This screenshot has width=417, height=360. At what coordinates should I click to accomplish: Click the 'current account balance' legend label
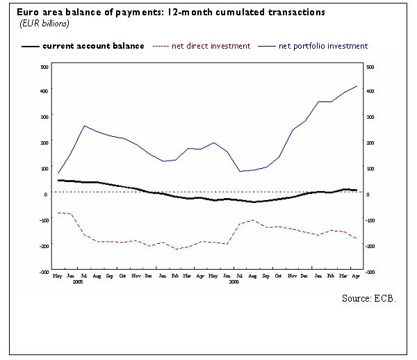(x=94, y=46)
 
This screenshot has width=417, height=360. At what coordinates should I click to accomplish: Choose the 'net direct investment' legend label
(x=213, y=46)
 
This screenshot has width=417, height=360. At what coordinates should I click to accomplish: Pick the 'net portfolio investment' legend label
(x=323, y=46)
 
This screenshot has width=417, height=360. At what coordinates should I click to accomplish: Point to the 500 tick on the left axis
(x=43, y=67)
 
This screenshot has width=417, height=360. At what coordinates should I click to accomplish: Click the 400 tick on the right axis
(x=370, y=91)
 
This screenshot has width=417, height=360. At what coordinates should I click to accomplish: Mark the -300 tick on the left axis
(x=43, y=272)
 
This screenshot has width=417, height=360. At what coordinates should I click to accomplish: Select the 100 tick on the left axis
(x=43, y=168)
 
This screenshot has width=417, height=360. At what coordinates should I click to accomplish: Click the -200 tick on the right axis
(x=370, y=246)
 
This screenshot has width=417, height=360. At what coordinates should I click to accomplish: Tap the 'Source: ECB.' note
(x=369, y=297)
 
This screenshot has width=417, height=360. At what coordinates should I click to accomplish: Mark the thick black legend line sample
(x=30, y=47)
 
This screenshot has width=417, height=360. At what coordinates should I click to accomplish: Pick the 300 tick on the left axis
(x=43, y=117)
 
